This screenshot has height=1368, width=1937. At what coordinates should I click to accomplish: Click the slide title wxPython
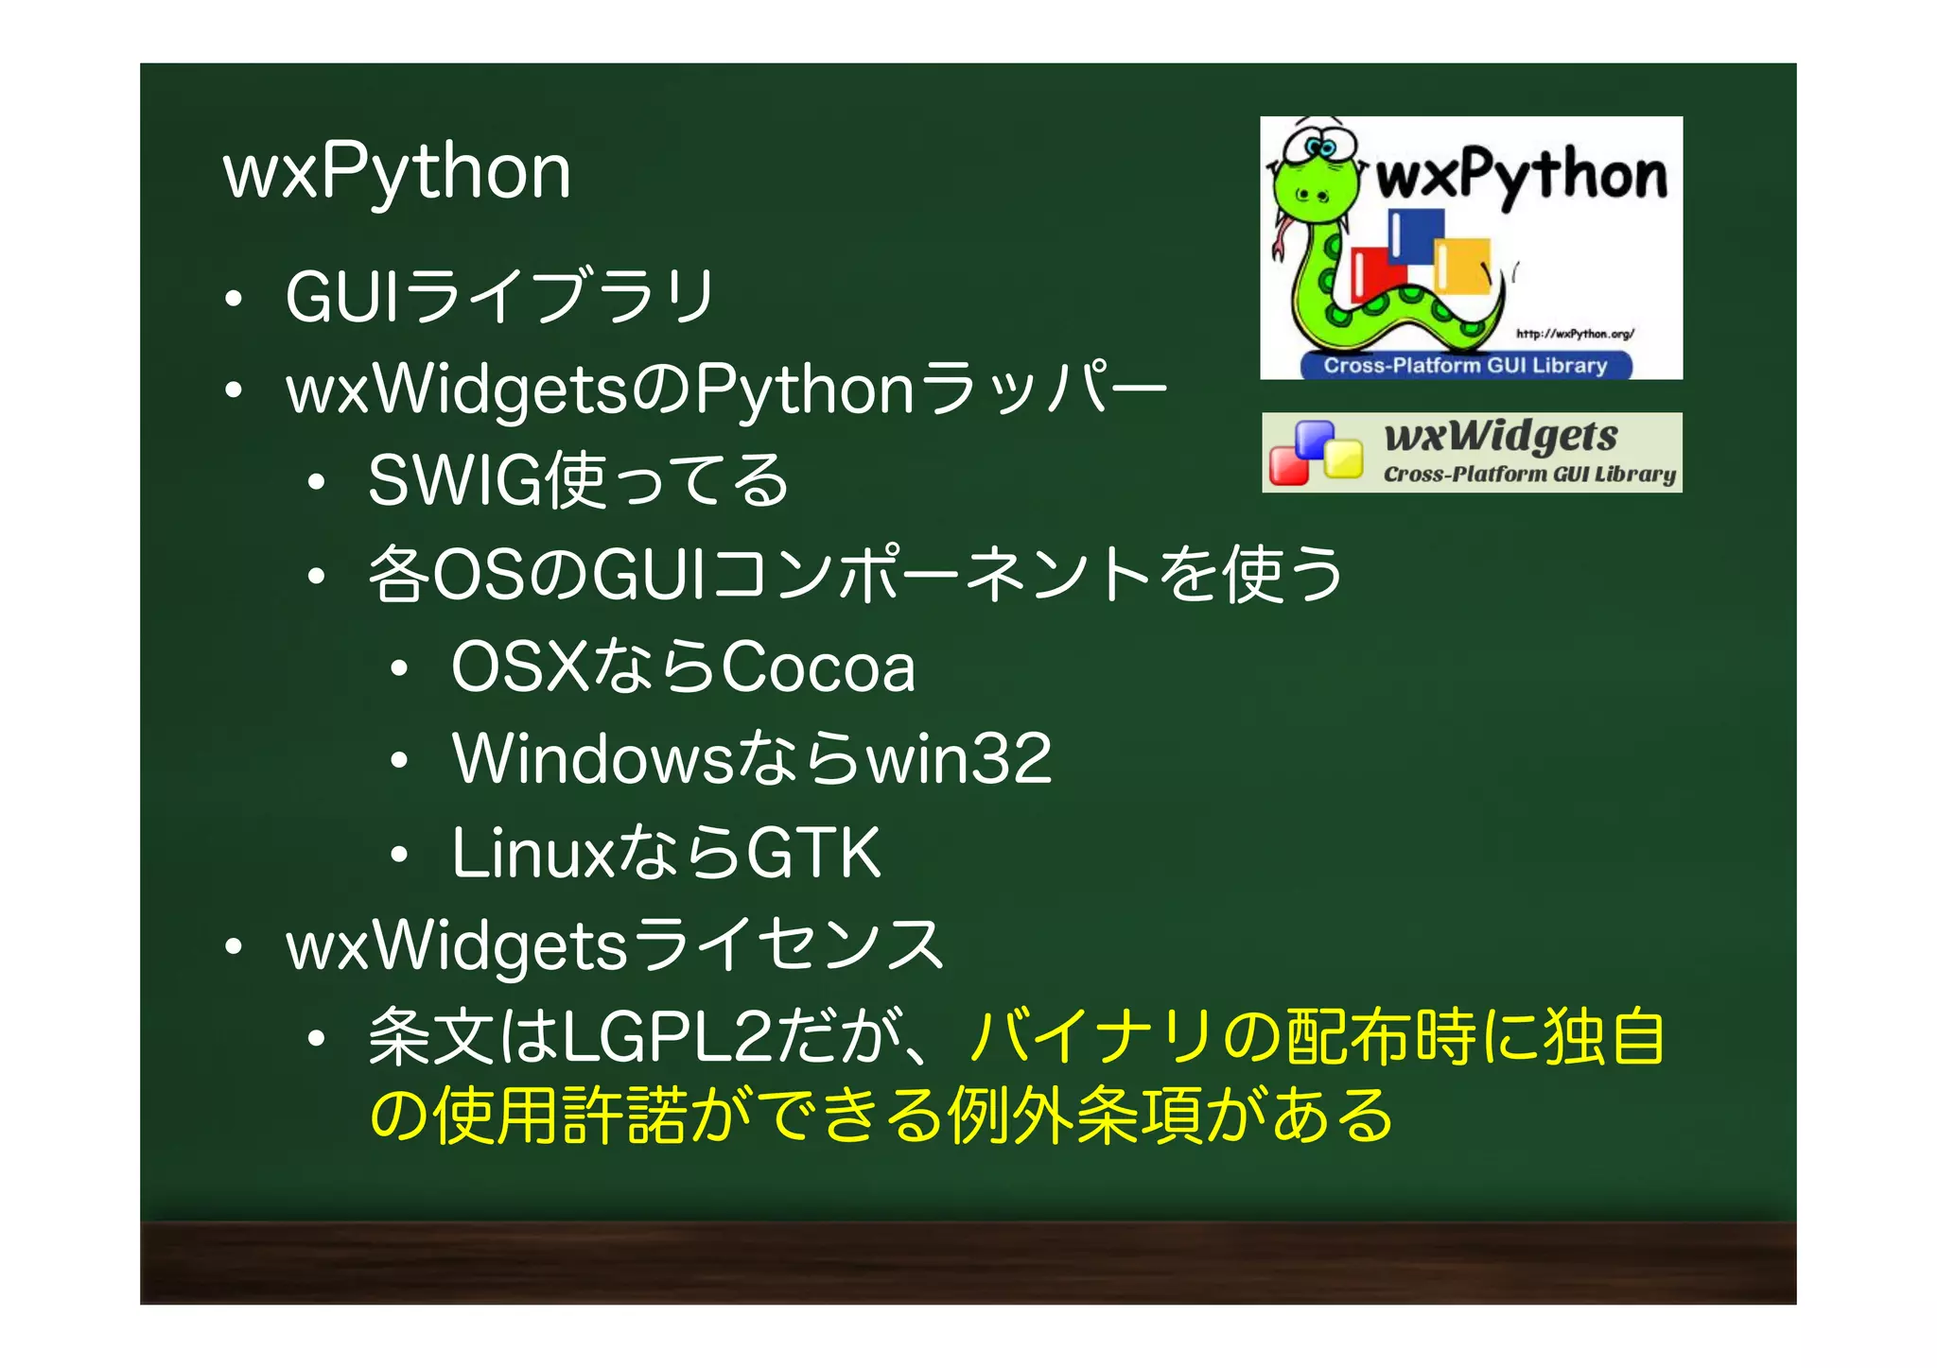tap(396, 172)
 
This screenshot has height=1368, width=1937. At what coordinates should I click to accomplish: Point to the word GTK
tap(813, 853)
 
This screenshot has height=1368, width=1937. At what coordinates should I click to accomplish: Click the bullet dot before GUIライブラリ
tap(234, 300)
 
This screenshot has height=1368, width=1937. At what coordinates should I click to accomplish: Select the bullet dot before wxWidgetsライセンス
tap(234, 946)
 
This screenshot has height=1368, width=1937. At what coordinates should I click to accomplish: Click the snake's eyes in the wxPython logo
tap(1321, 147)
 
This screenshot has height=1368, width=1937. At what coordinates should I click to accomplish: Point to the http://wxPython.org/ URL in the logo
tap(1575, 334)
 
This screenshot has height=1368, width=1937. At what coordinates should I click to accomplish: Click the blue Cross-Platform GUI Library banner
tap(1465, 366)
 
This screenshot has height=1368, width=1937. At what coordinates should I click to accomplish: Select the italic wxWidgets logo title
tap(1501, 436)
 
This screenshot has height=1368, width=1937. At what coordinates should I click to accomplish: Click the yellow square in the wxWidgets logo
tap(1342, 460)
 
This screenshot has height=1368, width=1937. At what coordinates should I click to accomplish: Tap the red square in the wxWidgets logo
tap(1287, 466)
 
